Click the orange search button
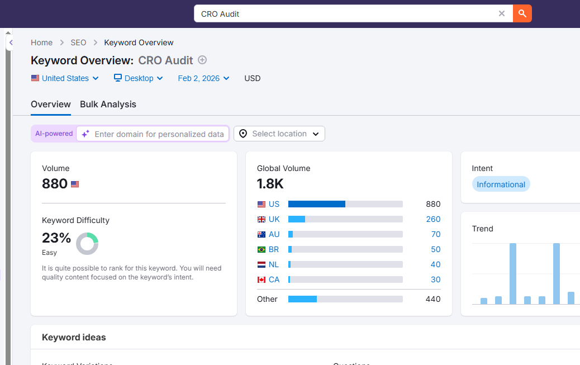[522, 13]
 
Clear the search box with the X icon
[502, 13]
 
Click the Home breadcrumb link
[41, 42]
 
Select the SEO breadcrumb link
[78, 42]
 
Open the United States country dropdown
[65, 78]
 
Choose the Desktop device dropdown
[139, 78]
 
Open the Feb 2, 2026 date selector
[203, 78]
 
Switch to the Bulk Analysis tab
[108, 104]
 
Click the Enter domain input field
[159, 134]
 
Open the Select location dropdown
[279, 134]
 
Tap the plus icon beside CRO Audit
[202, 60]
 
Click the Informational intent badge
[501, 184]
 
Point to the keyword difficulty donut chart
[87, 244]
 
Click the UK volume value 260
[433, 219]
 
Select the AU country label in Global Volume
[274, 234]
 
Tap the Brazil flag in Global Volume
[261, 249]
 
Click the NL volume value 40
[435, 264]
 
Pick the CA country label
[274, 279]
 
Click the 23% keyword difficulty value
[56, 238]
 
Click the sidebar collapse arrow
[11, 42]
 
